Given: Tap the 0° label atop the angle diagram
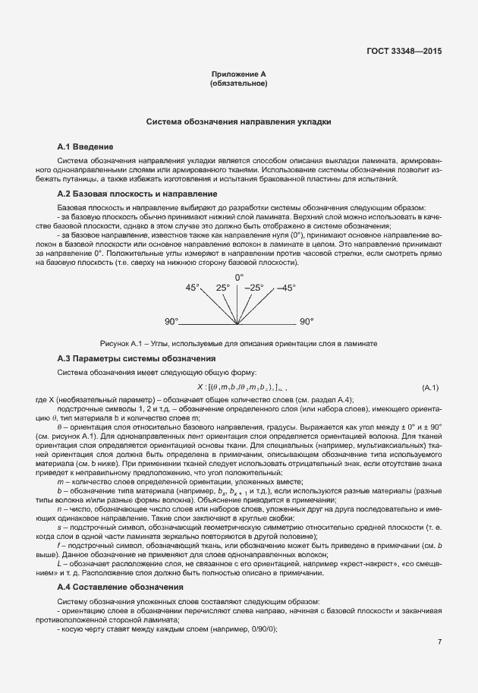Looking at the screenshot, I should click(239, 277).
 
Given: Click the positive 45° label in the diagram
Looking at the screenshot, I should click(193, 288).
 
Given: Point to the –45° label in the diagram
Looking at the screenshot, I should click(285, 288).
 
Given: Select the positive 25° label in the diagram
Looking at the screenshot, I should click(222, 288).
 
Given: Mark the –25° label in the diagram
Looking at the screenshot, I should click(256, 288).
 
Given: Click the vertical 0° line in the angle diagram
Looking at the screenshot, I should click(239, 304).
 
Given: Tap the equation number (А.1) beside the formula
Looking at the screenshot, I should click(430, 388).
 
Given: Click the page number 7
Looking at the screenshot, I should click(439, 642).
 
